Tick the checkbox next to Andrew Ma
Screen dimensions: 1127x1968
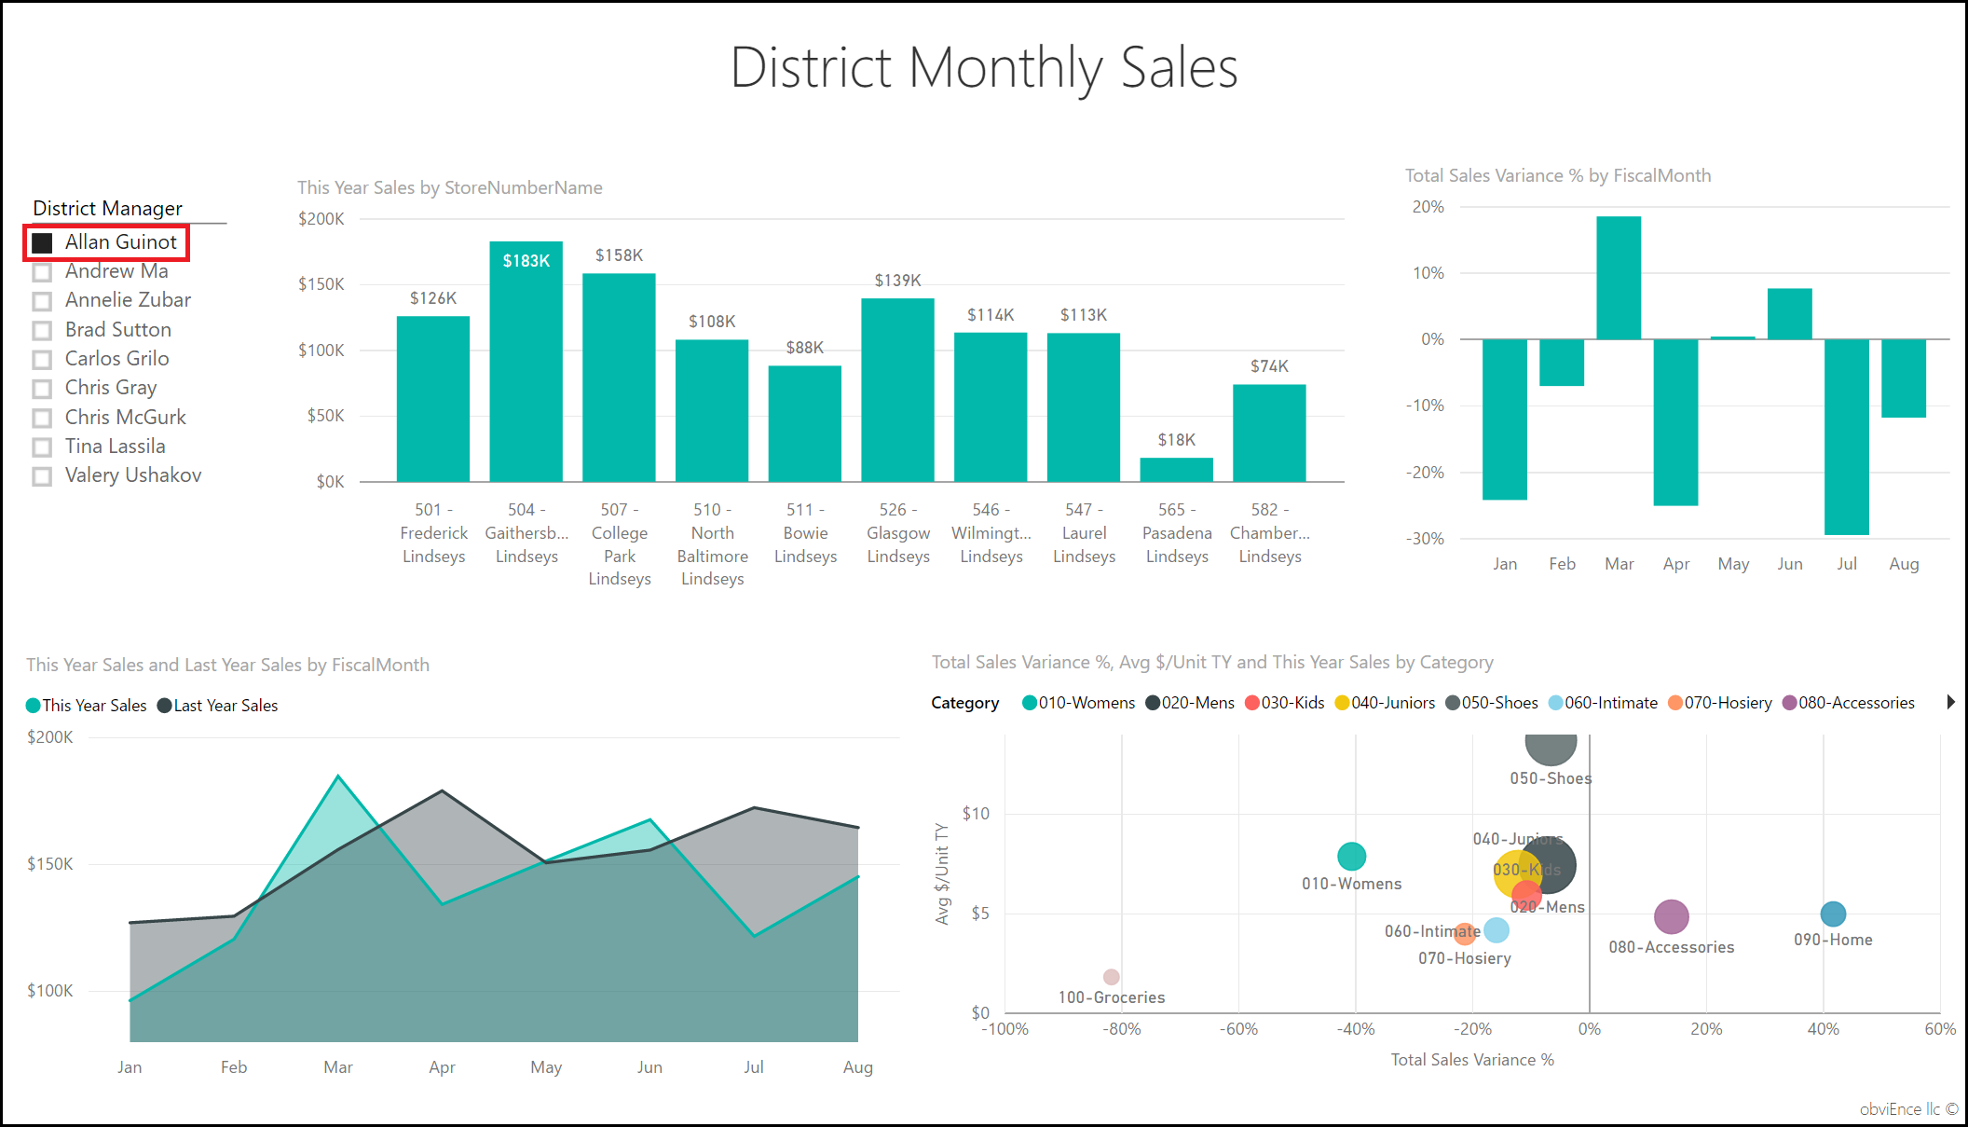42,272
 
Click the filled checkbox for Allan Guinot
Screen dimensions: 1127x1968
42,243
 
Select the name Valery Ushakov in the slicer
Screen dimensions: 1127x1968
132,475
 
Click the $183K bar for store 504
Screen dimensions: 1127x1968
526,364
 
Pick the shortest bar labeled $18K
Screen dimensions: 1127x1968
1176,470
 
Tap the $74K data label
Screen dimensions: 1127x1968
1269,366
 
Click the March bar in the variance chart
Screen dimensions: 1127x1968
1619,278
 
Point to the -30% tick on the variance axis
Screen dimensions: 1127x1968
1426,539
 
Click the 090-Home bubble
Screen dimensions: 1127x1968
1833,914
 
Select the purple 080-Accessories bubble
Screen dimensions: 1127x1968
1671,917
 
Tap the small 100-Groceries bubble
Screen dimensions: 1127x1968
1111,977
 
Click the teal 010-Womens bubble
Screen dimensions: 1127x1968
1351,856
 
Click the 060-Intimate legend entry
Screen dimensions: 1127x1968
1603,703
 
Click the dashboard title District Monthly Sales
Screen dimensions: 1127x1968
984,68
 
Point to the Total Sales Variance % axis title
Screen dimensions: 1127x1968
1472,1060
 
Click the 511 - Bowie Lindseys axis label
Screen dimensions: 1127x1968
805,533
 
